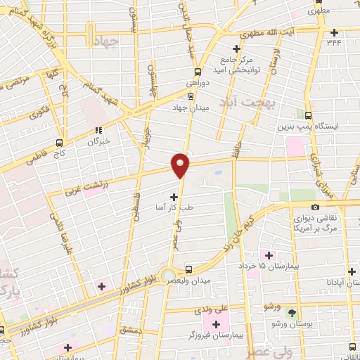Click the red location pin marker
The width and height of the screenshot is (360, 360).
[x=181, y=165]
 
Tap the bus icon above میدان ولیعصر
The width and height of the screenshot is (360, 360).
[x=188, y=269]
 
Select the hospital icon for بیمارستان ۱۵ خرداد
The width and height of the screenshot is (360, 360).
[x=266, y=255]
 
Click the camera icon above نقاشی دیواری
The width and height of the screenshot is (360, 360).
[x=315, y=207]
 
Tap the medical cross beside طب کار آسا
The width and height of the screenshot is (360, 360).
[x=174, y=198]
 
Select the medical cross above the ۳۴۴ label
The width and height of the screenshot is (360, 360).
[x=335, y=32]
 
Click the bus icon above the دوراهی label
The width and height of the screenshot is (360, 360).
[x=198, y=71]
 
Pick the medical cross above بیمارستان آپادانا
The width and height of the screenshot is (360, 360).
[x=352, y=271]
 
